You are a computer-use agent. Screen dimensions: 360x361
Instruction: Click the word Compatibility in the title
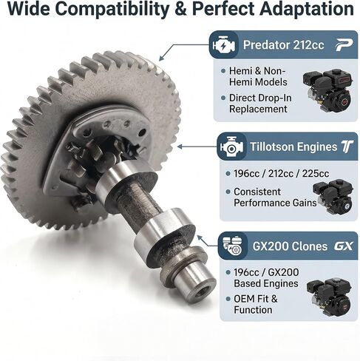pos(113,10)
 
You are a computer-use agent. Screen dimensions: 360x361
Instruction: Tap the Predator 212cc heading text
pos(283,45)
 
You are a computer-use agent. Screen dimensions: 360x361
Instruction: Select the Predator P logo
pos(344,45)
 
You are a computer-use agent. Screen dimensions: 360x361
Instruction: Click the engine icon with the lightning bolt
pos(224,44)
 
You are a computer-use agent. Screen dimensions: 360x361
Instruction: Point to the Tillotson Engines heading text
pos(293,146)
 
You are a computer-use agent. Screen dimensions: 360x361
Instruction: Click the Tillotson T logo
pos(347,146)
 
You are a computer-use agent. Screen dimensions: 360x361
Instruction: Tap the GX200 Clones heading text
pos(290,246)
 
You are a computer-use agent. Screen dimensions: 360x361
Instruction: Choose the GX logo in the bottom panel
pos(344,246)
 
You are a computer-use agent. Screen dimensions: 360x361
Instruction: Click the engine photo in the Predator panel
pos(327,90)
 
